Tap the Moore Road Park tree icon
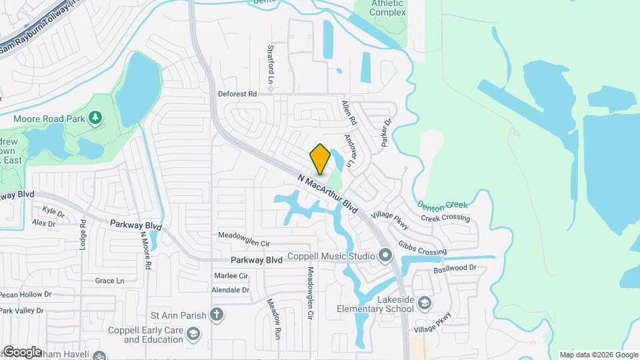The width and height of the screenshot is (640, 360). click(96, 118)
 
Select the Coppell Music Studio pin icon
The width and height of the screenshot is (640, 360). click(385, 255)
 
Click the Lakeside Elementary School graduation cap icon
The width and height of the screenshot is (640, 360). click(424, 304)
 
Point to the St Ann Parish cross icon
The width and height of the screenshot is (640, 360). click(217, 314)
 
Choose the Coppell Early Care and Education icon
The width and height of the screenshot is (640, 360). click(193, 334)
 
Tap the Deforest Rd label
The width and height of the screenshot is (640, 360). click(237, 94)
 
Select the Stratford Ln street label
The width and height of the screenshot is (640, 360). click(271, 64)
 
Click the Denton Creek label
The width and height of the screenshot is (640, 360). click(443, 205)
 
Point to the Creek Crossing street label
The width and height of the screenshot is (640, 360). click(445, 218)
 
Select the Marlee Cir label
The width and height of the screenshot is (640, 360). click(231, 275)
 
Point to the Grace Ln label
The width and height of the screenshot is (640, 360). click(109, 281)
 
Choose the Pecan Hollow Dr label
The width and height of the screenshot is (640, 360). click(26, 294)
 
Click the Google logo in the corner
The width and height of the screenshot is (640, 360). click(21, 351)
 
